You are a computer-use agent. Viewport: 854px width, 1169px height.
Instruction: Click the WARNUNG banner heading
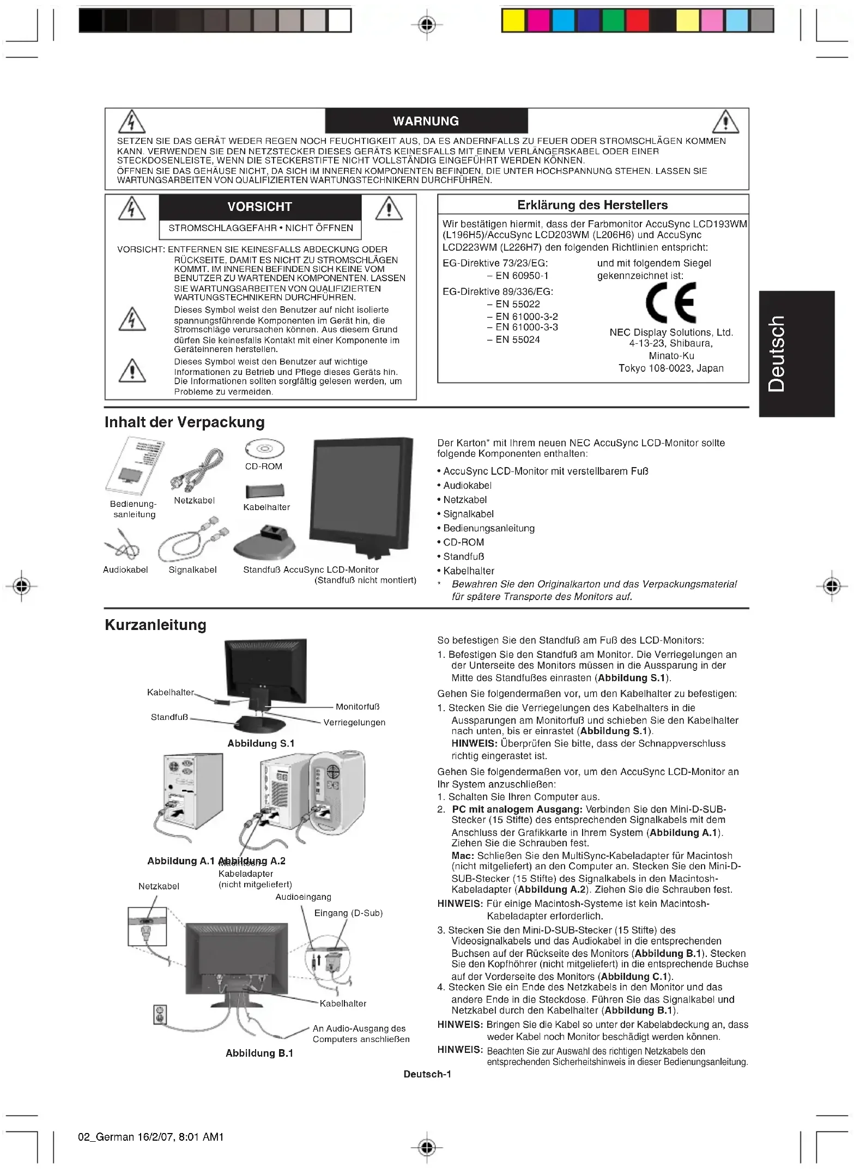point(426,121)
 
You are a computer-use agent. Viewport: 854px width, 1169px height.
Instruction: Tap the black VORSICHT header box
point(259,207)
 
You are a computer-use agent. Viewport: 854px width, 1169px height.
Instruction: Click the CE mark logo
point(670,303)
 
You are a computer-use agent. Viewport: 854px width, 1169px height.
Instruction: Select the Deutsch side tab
point(796,354)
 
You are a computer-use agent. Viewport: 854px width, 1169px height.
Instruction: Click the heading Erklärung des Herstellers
point(592,205)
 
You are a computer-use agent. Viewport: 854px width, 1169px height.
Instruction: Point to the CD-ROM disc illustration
point(264,450)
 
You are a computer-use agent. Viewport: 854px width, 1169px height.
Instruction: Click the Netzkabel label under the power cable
point(194,500)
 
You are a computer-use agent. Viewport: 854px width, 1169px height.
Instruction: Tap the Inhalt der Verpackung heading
point(185,422)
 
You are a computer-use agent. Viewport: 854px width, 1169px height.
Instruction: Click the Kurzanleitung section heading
point(155,625)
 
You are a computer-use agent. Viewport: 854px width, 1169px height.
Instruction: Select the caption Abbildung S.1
point(261,743)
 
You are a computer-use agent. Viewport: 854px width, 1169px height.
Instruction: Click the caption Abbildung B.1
point(259,1053)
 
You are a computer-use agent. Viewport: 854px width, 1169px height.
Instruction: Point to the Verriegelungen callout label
point(354,722)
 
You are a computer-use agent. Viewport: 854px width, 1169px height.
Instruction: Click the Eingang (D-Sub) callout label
point(348,913)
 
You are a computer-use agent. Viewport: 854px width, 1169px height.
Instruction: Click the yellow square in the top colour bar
point(513,21)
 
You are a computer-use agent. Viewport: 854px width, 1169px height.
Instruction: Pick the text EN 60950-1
point(518,276)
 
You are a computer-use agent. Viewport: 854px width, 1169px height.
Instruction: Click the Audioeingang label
point(303,897)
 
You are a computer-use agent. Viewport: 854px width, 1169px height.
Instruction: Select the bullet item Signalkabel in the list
point(468,514)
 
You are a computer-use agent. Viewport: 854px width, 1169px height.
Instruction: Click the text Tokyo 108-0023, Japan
point(671,368)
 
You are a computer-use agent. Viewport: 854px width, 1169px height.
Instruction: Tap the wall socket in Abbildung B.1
point(159,1014)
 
